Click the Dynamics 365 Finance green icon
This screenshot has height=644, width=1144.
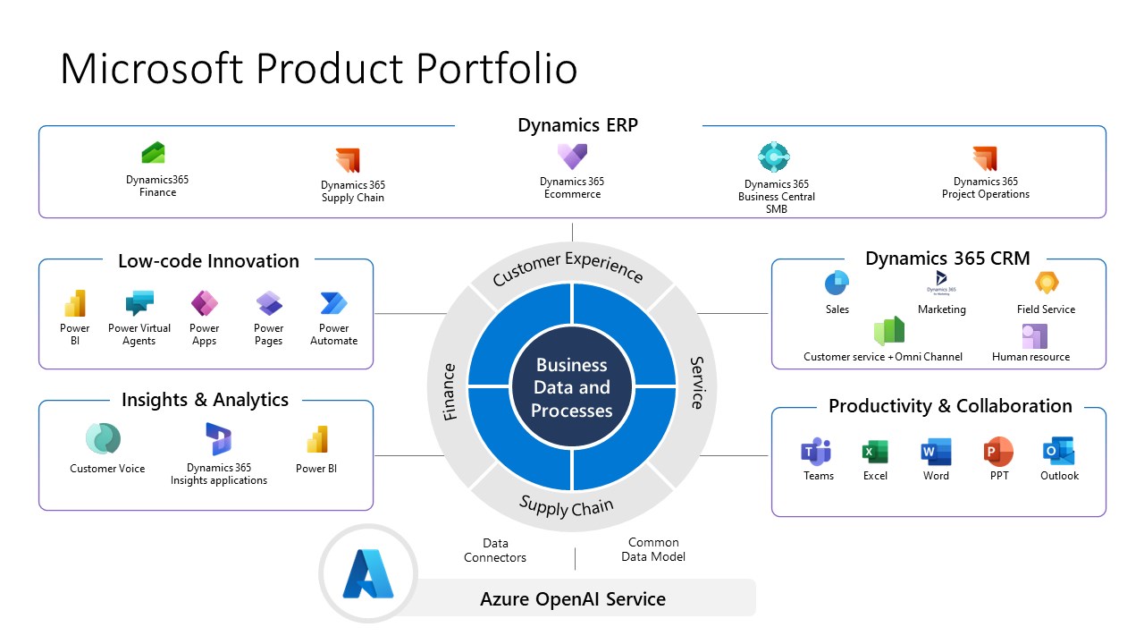pyautogui.click(x=153, y=152)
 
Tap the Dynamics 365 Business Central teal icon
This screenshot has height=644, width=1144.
pyautogui.click(x=774, y=157)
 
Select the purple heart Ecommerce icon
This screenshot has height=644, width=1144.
pyautogui.click(x=572, y=156)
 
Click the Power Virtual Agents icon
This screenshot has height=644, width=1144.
pyautogui.click(x=139, y=302)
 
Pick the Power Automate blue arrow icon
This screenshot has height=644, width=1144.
pyautogui.click(x=333, y=303)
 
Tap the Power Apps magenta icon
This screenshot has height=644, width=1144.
pyautogui.click(x=205, y=303)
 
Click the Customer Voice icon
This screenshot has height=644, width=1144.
pyautogui.click(x=103, y=438)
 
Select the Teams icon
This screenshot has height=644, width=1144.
pyautogui.click(x=816, y=452)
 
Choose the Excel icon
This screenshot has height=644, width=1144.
pyautogui.click(x=875, y=452)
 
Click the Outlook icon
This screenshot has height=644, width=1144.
pyautogui.click(x=1059, y=452)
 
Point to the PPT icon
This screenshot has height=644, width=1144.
pyautogui.click(x=998, y=452)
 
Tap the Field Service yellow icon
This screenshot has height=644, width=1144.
pyautogui.click(x=1047, y=282)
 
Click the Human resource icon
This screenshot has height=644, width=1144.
pyautogui.click(x=1035, y=335)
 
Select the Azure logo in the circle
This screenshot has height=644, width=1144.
pyautogui.click(x=368, y=573)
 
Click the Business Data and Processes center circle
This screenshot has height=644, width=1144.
pyautogui.click(x=572, y=387)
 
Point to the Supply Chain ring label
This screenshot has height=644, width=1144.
pyautogui.click(x=567, y=506)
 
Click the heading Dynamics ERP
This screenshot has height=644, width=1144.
pyautogui.click(x=577, y=125)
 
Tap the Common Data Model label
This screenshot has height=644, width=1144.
pyautogui.click(x=653, y=549)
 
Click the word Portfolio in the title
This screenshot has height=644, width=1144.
pyautogui.click(x=497, y=68)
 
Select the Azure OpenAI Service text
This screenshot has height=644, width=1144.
pyautogui.click(x=573, y=598)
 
